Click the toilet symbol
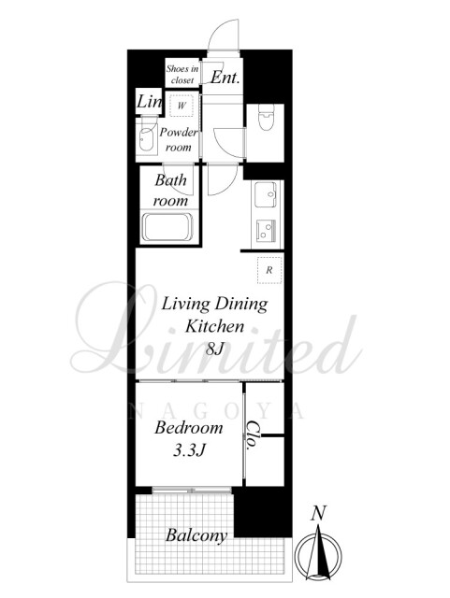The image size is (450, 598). pos(265,117)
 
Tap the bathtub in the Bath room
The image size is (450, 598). pos(167,227)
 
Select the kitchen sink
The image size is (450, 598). pos(265,194)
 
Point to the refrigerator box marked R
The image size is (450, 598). pos(269,270)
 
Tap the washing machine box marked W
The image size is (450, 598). pos(181,106)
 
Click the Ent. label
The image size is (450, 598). pos(225,78)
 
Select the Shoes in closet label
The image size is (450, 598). pos(182,75)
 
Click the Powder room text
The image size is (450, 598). pos(179,139)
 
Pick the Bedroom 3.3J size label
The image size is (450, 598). pos(189,439)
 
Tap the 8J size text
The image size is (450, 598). pos(214,349)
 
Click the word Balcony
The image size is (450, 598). pos(196,535)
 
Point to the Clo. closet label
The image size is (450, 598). pos(251,435)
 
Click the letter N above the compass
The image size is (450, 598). pos(318,513)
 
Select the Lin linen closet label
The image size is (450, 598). pos(149,102)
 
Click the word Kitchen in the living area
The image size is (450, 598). pos(214,326)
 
